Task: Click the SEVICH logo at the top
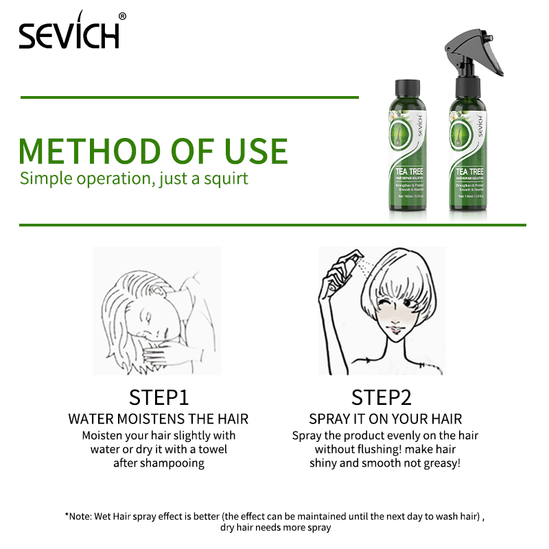pyautogui.click(x=69, y=33)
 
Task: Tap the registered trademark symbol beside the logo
pyautogui.click(x=122, y=16)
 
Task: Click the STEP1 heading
pyautogui.click(x=159, y=397)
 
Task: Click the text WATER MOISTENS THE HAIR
pyautogui.click(x=159, y=419)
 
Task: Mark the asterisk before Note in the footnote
pyautogui.click(x=67, y=515)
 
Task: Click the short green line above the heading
pyautogui.click(x=189, y=97)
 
